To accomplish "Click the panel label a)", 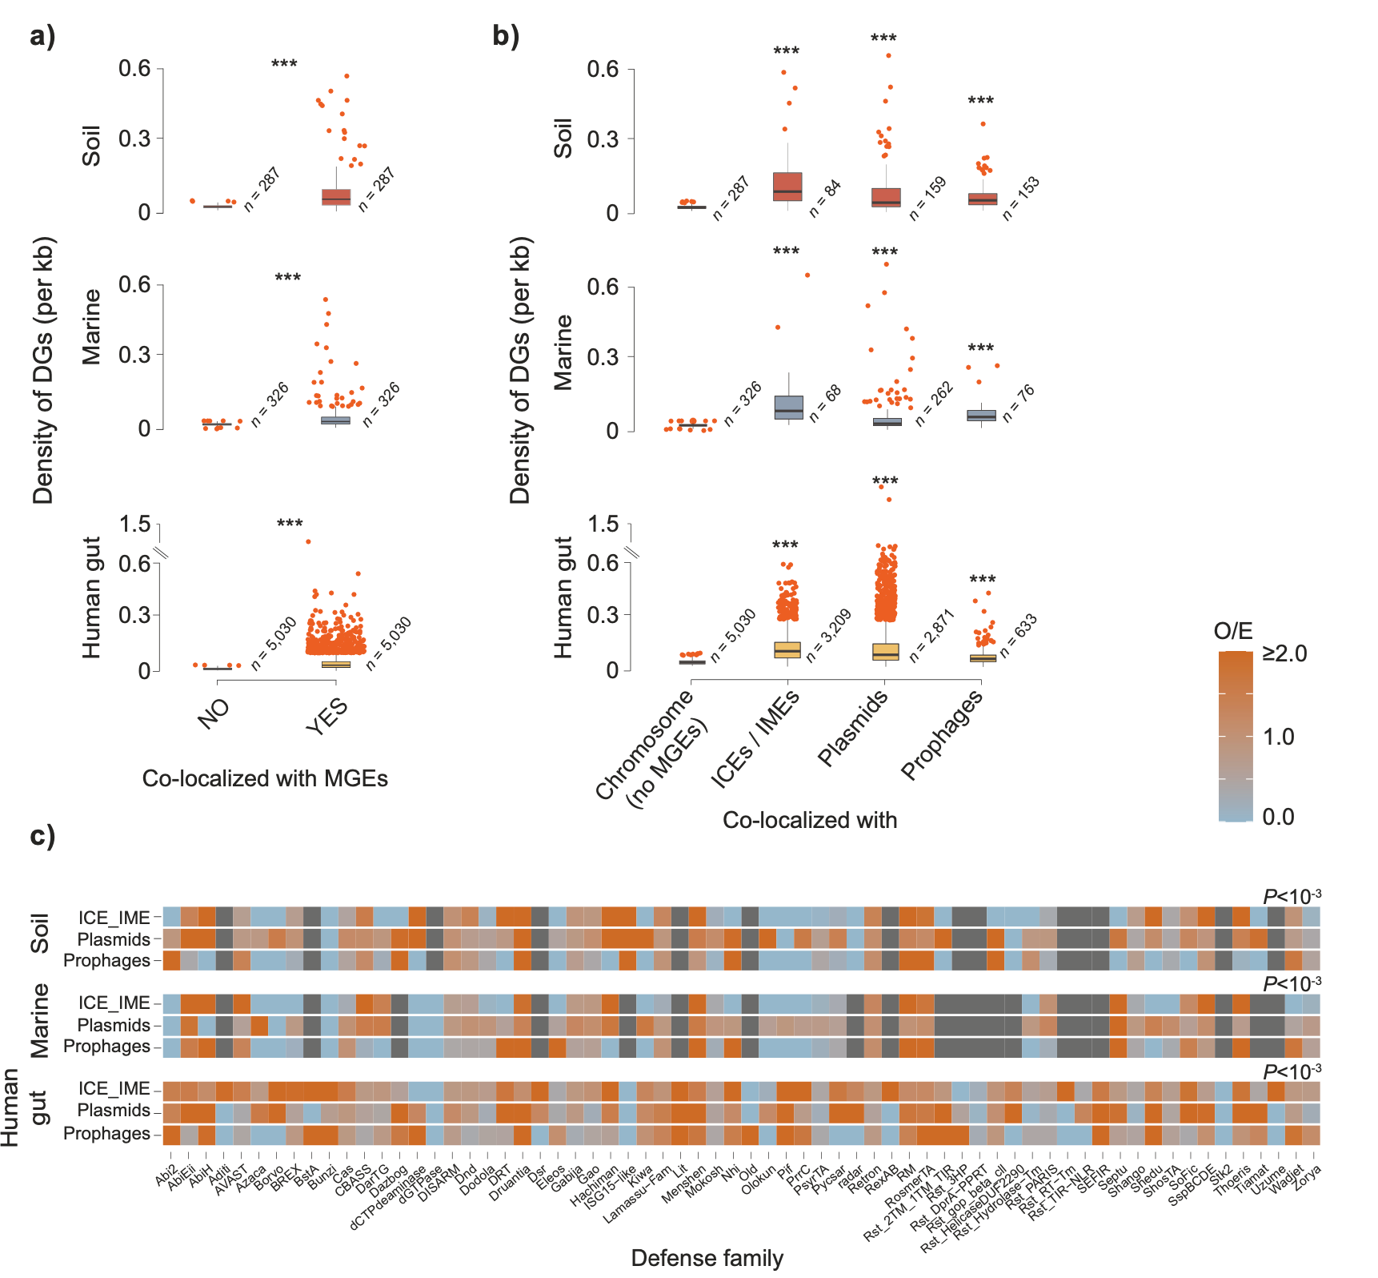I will coord(42,36).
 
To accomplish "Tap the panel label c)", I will coord(42,835).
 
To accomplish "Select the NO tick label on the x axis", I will coord(214,713).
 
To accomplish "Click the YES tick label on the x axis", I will coord(326,715).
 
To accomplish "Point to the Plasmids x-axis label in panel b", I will coord(853,728).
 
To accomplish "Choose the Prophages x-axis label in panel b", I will coord(942,734).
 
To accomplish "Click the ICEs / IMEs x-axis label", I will coord(755,738).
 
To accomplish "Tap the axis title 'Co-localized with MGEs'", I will coord(265,778).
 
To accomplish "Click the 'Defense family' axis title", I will coord(707,1258).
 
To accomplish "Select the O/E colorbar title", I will coord(1233,631).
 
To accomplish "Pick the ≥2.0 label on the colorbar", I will coord(1284,653).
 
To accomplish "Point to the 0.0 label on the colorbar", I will coord(1278,817).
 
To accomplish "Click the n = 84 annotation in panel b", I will coord(825,199).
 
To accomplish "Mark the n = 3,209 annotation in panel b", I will coord(828,636).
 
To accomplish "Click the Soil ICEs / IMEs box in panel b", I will coord(787,187).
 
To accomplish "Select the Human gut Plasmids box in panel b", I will coord(885,652).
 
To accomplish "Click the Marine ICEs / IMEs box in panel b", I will coord(789,407).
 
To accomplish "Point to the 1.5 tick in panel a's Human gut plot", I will coord(134,524).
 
